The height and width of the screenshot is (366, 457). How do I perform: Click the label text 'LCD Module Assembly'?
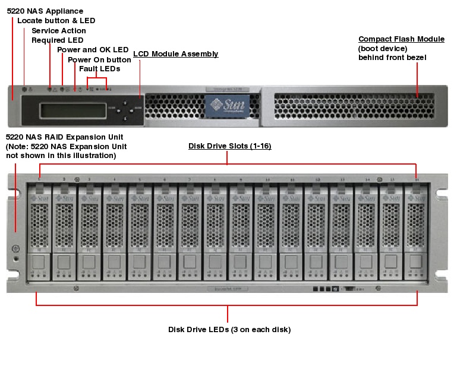tap(175, 54)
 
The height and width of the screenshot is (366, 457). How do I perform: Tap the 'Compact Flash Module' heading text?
tap(401, 39)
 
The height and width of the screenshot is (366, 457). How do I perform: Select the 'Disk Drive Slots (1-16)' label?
tap(229, 146)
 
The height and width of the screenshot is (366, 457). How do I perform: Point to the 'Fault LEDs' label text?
tap(100, 69)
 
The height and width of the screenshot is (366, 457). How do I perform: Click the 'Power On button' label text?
tap(99, 59)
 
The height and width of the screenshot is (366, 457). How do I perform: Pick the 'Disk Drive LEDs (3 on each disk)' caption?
tap(229, 329)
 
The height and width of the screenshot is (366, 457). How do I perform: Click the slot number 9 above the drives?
tap(241, 179)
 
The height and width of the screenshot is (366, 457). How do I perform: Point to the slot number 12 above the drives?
tap(317, 179)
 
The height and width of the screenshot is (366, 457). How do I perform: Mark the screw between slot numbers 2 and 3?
tap(77, 179)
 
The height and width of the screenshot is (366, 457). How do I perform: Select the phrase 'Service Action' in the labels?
tap(59, 31)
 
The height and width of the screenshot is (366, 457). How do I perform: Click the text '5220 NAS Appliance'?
tap(45, 11)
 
